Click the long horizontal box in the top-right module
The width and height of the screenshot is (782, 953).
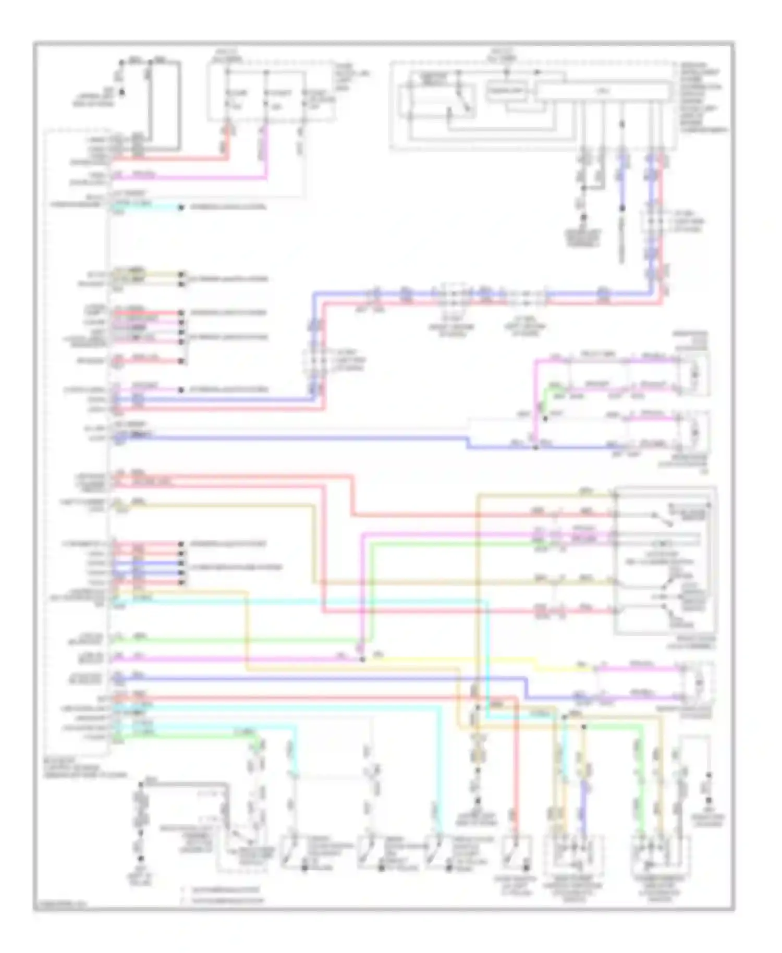[x=603, y=91]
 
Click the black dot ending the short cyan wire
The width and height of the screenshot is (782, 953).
[x=181, y=207]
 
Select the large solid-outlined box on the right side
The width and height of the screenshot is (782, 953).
[x=665, y=561]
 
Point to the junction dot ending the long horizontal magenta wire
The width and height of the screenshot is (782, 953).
[x=362, y=659]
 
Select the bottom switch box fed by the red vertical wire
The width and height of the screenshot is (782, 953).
[x=516, y=851]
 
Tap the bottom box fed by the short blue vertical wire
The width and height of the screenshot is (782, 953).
[x=573, y=851]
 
